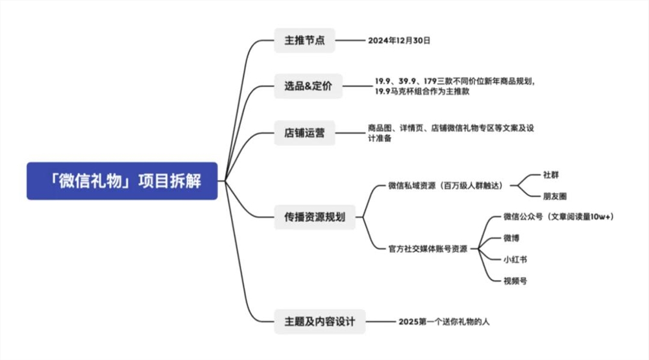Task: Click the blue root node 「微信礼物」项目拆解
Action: (x=122, y=181)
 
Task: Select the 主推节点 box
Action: (x=304, y=40)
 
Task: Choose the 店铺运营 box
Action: (x=304, y=134)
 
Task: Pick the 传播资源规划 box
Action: (x=315, y=217)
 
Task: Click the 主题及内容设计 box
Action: (x=319, y=321)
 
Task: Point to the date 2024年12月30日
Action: (x=399, y=40)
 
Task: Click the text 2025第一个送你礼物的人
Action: (x=448, y=321)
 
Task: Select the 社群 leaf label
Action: (x=550, y=175)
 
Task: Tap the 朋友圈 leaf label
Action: (x=554, y=195)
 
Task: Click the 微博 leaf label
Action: (x=511, y=238)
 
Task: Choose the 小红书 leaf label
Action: (x=515, y=259)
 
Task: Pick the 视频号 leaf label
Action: (x=515, y=280)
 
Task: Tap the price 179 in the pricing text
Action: (x=430, y=81)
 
